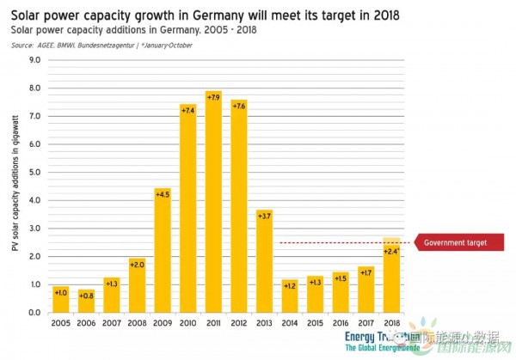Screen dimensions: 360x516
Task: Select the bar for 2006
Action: point(86,302)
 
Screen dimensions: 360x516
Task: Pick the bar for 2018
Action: point(390,276)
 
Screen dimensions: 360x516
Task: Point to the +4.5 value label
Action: point(163,194)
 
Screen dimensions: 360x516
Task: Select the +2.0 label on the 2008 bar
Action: point(137,265)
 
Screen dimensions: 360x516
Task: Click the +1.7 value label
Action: point(365,273)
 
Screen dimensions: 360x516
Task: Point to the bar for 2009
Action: point(163,250)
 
